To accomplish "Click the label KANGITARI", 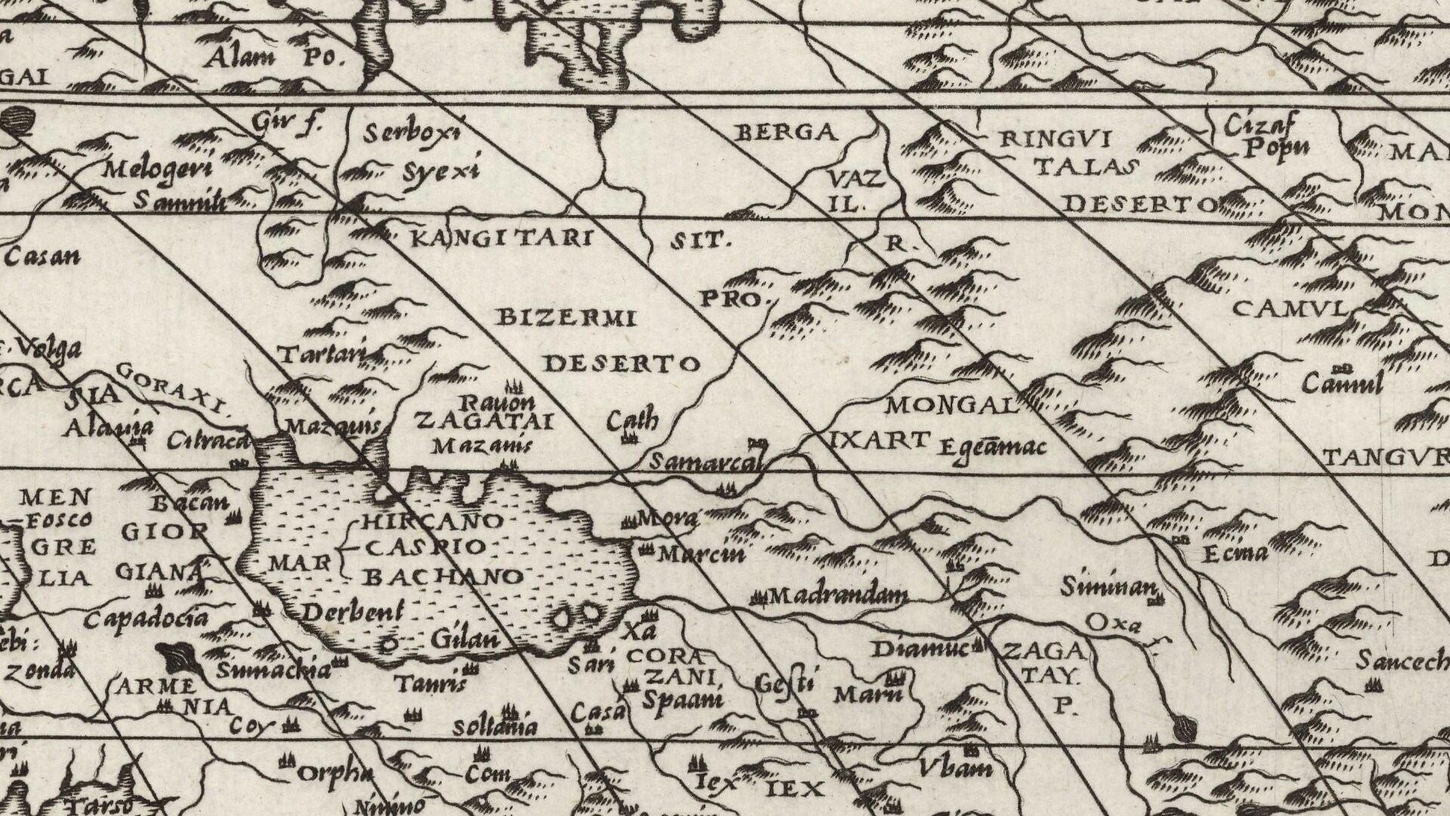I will (499, 240).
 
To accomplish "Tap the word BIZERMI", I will (566, 318).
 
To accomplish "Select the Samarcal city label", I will (706, 462).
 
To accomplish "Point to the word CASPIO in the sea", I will (426, 547).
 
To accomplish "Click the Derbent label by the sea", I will (353, 612).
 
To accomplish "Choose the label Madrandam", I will (838, 596).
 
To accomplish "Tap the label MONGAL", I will (952, 406).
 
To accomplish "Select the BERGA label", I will (786, 133).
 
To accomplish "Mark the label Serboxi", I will (412, 134).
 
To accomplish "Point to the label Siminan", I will (1108, 586).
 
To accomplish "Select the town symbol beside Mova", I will (628, 521).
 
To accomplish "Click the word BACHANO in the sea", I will (443, 577).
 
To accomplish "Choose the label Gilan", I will (465, 639).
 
